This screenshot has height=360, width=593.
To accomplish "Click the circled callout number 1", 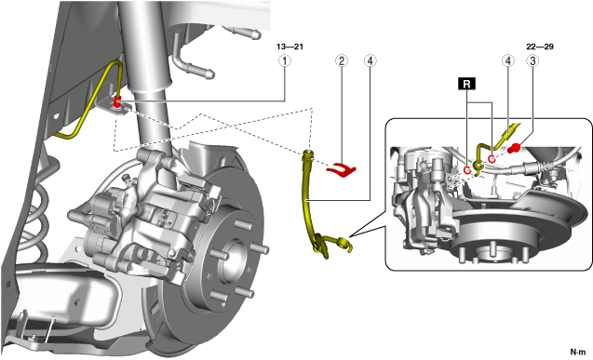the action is pyautogui.click(x=285, y=60).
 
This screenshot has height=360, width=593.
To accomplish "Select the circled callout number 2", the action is pyautogui.click(x=342, y=60).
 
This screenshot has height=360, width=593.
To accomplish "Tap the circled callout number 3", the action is pyautogui.click(x=532, y=60).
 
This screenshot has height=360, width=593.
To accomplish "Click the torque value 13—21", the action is pyautogui.click(x=290, y=47).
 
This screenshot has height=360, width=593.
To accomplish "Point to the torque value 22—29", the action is pyautogui.click(x=540, y=47).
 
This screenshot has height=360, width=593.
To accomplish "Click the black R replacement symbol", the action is pyautogui.click(x=466, y=84).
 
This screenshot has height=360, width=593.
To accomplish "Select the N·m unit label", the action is pyautogui.click(x=577, y=352).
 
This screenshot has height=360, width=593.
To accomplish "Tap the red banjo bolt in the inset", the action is pyautogui.click(x=514, y=148).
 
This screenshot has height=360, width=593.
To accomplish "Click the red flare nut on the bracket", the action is pyautogui.click(x=117, y=102).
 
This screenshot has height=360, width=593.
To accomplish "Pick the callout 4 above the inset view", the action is pyautogui.click(x=508, y=60).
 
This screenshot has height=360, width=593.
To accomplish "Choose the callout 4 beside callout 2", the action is pyautogui.click(x=370, y=60).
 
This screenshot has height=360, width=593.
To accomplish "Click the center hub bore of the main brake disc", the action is pyautogui.click(x=234, y=261).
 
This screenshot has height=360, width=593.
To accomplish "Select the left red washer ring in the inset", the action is pyautogui.click(x=467, y=170).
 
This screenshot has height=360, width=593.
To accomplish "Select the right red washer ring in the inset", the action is pyautogui.click(x=492, y=159).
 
